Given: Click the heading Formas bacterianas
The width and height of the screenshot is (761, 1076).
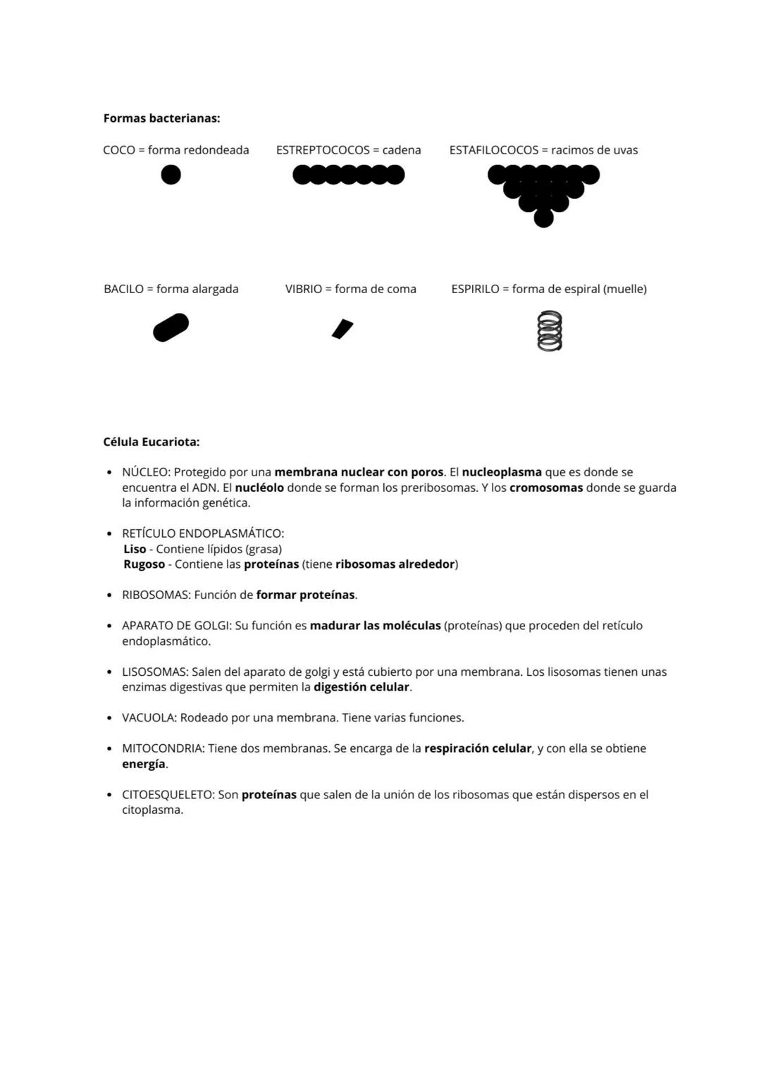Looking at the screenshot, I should pyautogui.click(x=161, y=118).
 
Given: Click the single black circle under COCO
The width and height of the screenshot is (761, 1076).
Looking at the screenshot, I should pyautogui.click(x=171, y=175).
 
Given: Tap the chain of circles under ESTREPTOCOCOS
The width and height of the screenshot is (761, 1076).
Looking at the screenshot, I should pyautogui.click(x=348, y=175).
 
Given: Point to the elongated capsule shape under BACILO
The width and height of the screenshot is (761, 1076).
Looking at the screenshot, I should pyautogui.click(x=171, y=328).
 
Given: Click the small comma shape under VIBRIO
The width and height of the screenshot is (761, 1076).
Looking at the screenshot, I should pyautogui.click(x=342, y=329).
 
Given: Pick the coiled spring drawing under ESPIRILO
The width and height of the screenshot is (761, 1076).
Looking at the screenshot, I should pyautogui.click(x=550, y=330).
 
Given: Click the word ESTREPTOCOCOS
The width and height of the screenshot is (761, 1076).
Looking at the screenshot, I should pyautogui.click(x=323, y=150).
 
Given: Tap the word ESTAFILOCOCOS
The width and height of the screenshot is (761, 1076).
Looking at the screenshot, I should pyautogui.click(x=494, y=150).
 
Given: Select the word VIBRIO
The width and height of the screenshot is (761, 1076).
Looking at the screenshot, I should pyautogui.click(x=303, y=289).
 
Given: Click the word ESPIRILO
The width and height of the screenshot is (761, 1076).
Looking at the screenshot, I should pyautogui.click(x=475, y=289).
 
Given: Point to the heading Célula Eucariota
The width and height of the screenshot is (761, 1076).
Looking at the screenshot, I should pyautogui.click(x=151, y=443).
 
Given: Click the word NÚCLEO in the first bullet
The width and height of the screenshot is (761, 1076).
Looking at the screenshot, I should pyautogui.click(x=145, y=472).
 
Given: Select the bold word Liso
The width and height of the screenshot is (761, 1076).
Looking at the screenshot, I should pyautogui.click(x=135, y=549).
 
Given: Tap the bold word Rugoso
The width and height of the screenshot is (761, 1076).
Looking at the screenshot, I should pyautogui.click(x=144, y=564).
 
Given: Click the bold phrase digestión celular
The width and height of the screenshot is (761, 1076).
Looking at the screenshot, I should pyautogui.click(x=361, y=687).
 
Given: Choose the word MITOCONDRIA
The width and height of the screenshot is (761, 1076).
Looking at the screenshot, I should pyautogui.click(x=163, y=748).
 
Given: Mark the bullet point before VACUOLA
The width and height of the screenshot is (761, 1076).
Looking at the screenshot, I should pyautogui.click(x=109, y=718).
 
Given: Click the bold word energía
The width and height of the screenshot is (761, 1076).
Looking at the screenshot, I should pyautogui.click(x=144, y=764).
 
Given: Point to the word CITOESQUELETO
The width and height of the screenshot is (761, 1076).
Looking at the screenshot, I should pyautogui.click(x=168, y=795).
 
